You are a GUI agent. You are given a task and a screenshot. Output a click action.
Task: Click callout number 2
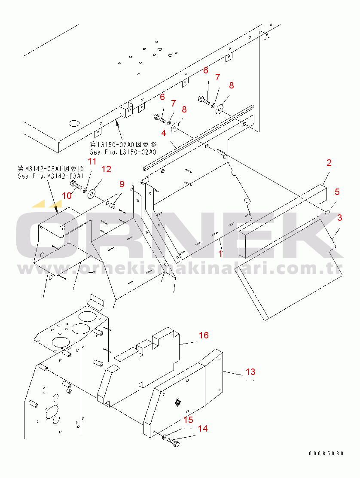(x=329, y=163)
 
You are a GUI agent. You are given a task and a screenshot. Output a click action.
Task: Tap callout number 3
(x=339, y=218)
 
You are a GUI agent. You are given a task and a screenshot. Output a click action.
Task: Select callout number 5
(x=337, y=192)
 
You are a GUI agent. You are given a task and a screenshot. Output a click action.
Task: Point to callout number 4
(x=164, y=133)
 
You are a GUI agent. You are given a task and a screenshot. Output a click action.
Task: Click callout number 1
(x=220, y=253)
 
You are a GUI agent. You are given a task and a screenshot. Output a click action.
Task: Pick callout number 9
(x=122, y=184)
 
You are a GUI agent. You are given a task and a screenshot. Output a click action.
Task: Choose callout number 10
(x=67, y=195)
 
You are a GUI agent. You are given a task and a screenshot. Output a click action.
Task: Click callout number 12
(x=106, y=169)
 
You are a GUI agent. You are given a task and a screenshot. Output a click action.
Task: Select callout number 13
(x=250, y=371)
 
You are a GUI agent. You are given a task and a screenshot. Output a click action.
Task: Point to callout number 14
(x=203, y=428)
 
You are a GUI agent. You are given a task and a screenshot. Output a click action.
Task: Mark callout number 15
(x=188, y=420)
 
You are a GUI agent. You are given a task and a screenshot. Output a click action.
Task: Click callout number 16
(x=203, y=335)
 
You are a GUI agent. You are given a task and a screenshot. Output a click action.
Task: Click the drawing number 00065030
(x=326, y=453)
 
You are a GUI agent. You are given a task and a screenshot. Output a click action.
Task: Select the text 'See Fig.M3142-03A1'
(x=50, y=176)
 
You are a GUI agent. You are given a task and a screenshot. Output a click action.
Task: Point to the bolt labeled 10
(x=76, y=185)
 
